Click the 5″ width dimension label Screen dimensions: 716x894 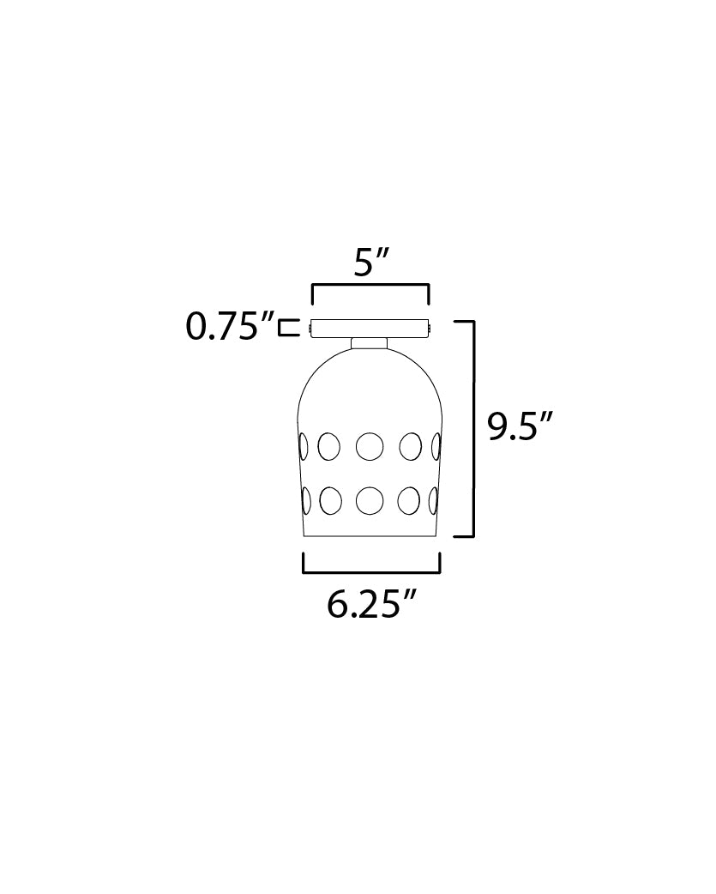[x=370, y=263]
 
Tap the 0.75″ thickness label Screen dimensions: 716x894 [x=230, y=327]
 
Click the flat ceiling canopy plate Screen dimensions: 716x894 [x=370, y=329]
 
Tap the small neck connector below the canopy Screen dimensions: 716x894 [x=370, y=343]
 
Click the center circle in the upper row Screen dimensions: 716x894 [x=370, y=446]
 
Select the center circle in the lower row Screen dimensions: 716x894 [x=370, y=500]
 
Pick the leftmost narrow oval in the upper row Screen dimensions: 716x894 [x=304, y=446]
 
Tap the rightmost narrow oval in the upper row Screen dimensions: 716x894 [x=436, y=446]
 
